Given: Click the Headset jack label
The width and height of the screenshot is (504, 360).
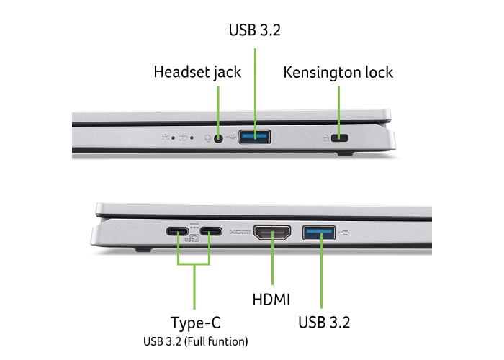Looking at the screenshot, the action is [197, 72].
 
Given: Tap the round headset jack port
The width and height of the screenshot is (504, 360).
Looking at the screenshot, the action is [218, 138].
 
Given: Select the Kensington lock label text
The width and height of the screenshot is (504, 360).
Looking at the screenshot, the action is [338, 73].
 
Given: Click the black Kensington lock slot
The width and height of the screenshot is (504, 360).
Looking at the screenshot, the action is [339, 138].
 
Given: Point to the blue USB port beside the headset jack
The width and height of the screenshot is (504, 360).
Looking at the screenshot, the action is [255, 137].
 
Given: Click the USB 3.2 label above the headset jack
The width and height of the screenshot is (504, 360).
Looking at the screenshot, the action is [255, 30].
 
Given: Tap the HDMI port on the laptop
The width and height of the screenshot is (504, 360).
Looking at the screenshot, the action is [272, 233].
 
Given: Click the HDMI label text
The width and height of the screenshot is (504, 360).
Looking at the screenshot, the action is [271, 300].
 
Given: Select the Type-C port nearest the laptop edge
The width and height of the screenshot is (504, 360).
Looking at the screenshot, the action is [177, 231].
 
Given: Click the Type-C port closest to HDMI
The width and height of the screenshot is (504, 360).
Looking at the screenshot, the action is [211, 231].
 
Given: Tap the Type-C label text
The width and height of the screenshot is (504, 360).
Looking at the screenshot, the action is [195, 323].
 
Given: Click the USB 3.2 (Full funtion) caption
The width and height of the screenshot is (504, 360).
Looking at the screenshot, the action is [195, 341].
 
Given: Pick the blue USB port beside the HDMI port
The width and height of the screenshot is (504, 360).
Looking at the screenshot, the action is [319, 233].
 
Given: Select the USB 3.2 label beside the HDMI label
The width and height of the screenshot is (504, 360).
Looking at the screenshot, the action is [324, 322].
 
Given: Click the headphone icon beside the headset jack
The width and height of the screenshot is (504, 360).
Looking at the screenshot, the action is [208, 138].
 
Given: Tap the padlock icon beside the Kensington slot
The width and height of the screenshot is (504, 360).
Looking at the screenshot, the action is [326, 138].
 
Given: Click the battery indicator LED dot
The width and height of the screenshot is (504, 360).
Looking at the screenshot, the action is [192, 138].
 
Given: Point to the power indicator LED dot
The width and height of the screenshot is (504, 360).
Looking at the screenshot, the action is [173, 138].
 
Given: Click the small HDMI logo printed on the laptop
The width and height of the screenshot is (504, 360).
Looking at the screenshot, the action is [240, 232].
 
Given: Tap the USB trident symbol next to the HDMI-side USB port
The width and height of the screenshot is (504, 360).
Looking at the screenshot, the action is [344, 233].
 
